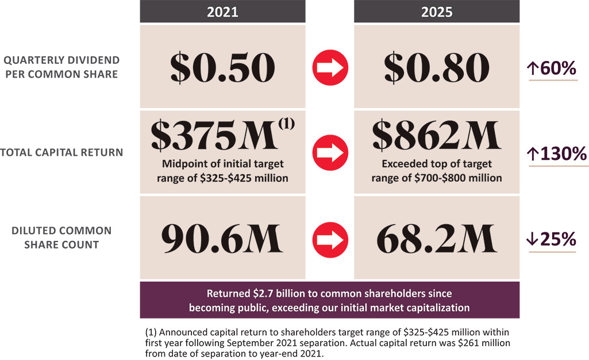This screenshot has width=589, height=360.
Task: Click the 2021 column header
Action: point(222,12)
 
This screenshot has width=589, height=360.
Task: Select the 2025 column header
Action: point(437,12)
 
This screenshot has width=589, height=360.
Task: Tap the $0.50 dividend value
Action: point(222,68)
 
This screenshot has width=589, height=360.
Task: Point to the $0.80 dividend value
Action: point(437,68)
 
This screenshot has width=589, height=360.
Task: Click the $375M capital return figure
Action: point(215,135)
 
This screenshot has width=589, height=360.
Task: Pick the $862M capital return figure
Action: point(437,135)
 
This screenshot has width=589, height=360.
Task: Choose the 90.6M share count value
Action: point(222,239)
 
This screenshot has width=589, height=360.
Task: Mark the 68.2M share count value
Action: point(437,239)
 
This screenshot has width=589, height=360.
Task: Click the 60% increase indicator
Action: point(552,68)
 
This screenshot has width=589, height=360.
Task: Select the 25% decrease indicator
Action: point(552,239)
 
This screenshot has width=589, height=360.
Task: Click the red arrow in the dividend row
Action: point(330,68)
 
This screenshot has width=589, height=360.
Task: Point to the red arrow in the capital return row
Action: point(330,152)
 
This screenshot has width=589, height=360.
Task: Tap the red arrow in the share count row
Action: point(330,240)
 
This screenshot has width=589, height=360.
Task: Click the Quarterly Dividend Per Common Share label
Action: point(61,67)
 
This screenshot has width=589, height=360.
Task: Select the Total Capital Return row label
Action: point(61,152)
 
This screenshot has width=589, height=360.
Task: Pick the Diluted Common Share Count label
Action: point(61,238)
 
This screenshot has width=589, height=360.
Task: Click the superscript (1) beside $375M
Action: point(287,123)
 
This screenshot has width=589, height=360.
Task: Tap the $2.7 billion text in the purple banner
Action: point(263,293)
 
